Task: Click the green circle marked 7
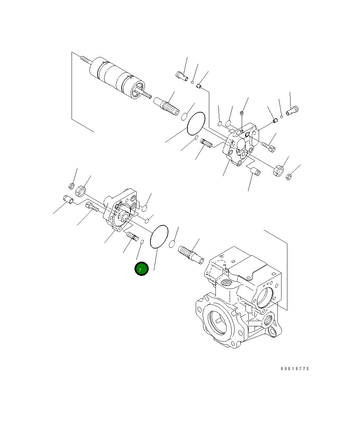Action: (141, 269)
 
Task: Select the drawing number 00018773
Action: (295, 369)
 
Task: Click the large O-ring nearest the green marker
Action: (159, 236)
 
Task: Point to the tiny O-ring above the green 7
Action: (141, 241)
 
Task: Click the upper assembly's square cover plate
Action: (240, 147)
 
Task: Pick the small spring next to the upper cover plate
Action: (207, 142)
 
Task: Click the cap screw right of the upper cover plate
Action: (269, 146)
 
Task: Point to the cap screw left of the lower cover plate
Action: (92, 207)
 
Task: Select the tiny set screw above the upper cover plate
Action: (242, 113)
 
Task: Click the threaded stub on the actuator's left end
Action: (85, 61)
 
